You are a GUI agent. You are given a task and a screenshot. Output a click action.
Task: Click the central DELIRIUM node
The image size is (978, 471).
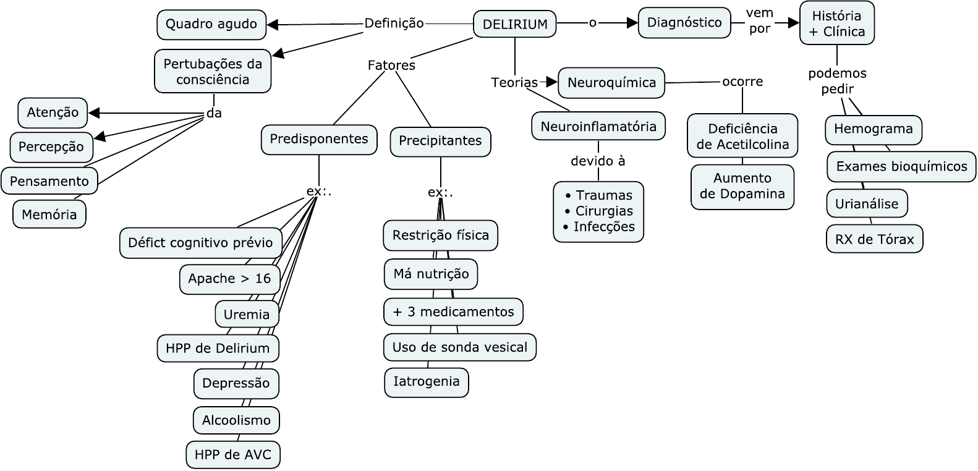pyautogui.click(x=514, y=25)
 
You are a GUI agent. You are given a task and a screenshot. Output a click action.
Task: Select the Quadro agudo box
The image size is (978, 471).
pyautogui.click(x=211, y=25)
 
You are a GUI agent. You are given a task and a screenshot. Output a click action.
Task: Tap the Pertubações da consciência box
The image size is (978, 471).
pyautogui.click(x=213, y=72)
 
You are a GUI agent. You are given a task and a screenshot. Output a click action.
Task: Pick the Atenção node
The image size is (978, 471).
pyautogui.click(x=53, y=112)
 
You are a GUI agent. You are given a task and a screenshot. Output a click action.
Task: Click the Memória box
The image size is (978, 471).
pyautogui.click(x=49, y=214)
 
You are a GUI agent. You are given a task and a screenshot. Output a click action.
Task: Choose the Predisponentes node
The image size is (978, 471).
pyautogui.click(x=319, y=139)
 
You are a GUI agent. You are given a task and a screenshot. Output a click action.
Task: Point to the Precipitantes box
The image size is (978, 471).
pyautogui.click(x=440, y=141)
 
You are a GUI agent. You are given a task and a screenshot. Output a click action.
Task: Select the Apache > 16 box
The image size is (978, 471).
pyautogui.click(x=229, y=279)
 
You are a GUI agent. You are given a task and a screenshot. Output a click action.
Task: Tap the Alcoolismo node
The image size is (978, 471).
pyautogui.click(x=236, y=420)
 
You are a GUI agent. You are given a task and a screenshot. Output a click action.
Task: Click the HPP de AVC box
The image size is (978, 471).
pyautogui.click(x=233, y=455)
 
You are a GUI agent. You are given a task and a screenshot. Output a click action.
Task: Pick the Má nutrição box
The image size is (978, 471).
pyautogui.click(x=431, y=274)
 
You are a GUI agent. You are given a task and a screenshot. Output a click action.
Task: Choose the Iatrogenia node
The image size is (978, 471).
pyautogui.click(x=427, y=381)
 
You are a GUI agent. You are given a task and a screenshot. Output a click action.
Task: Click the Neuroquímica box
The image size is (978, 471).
pyautogui.click(x=611, y=83)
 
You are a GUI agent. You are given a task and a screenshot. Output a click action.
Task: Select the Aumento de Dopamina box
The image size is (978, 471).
pyautogui.click(x=742, y=186)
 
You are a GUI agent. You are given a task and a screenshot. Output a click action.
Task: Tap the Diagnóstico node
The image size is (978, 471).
pyautogui.click(x=684, y=23)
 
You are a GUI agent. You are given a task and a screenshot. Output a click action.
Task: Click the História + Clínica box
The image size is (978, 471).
pyautogui.click(x=837, y=23)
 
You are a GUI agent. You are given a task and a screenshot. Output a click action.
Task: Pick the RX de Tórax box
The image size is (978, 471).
pyautogui.click(x=874, y=239)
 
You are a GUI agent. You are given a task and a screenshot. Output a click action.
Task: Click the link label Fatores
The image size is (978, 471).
pyautogui.click(x=391, y=65)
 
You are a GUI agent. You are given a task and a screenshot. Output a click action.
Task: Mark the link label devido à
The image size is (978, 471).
pyautogui.click(x=598, y=161)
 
